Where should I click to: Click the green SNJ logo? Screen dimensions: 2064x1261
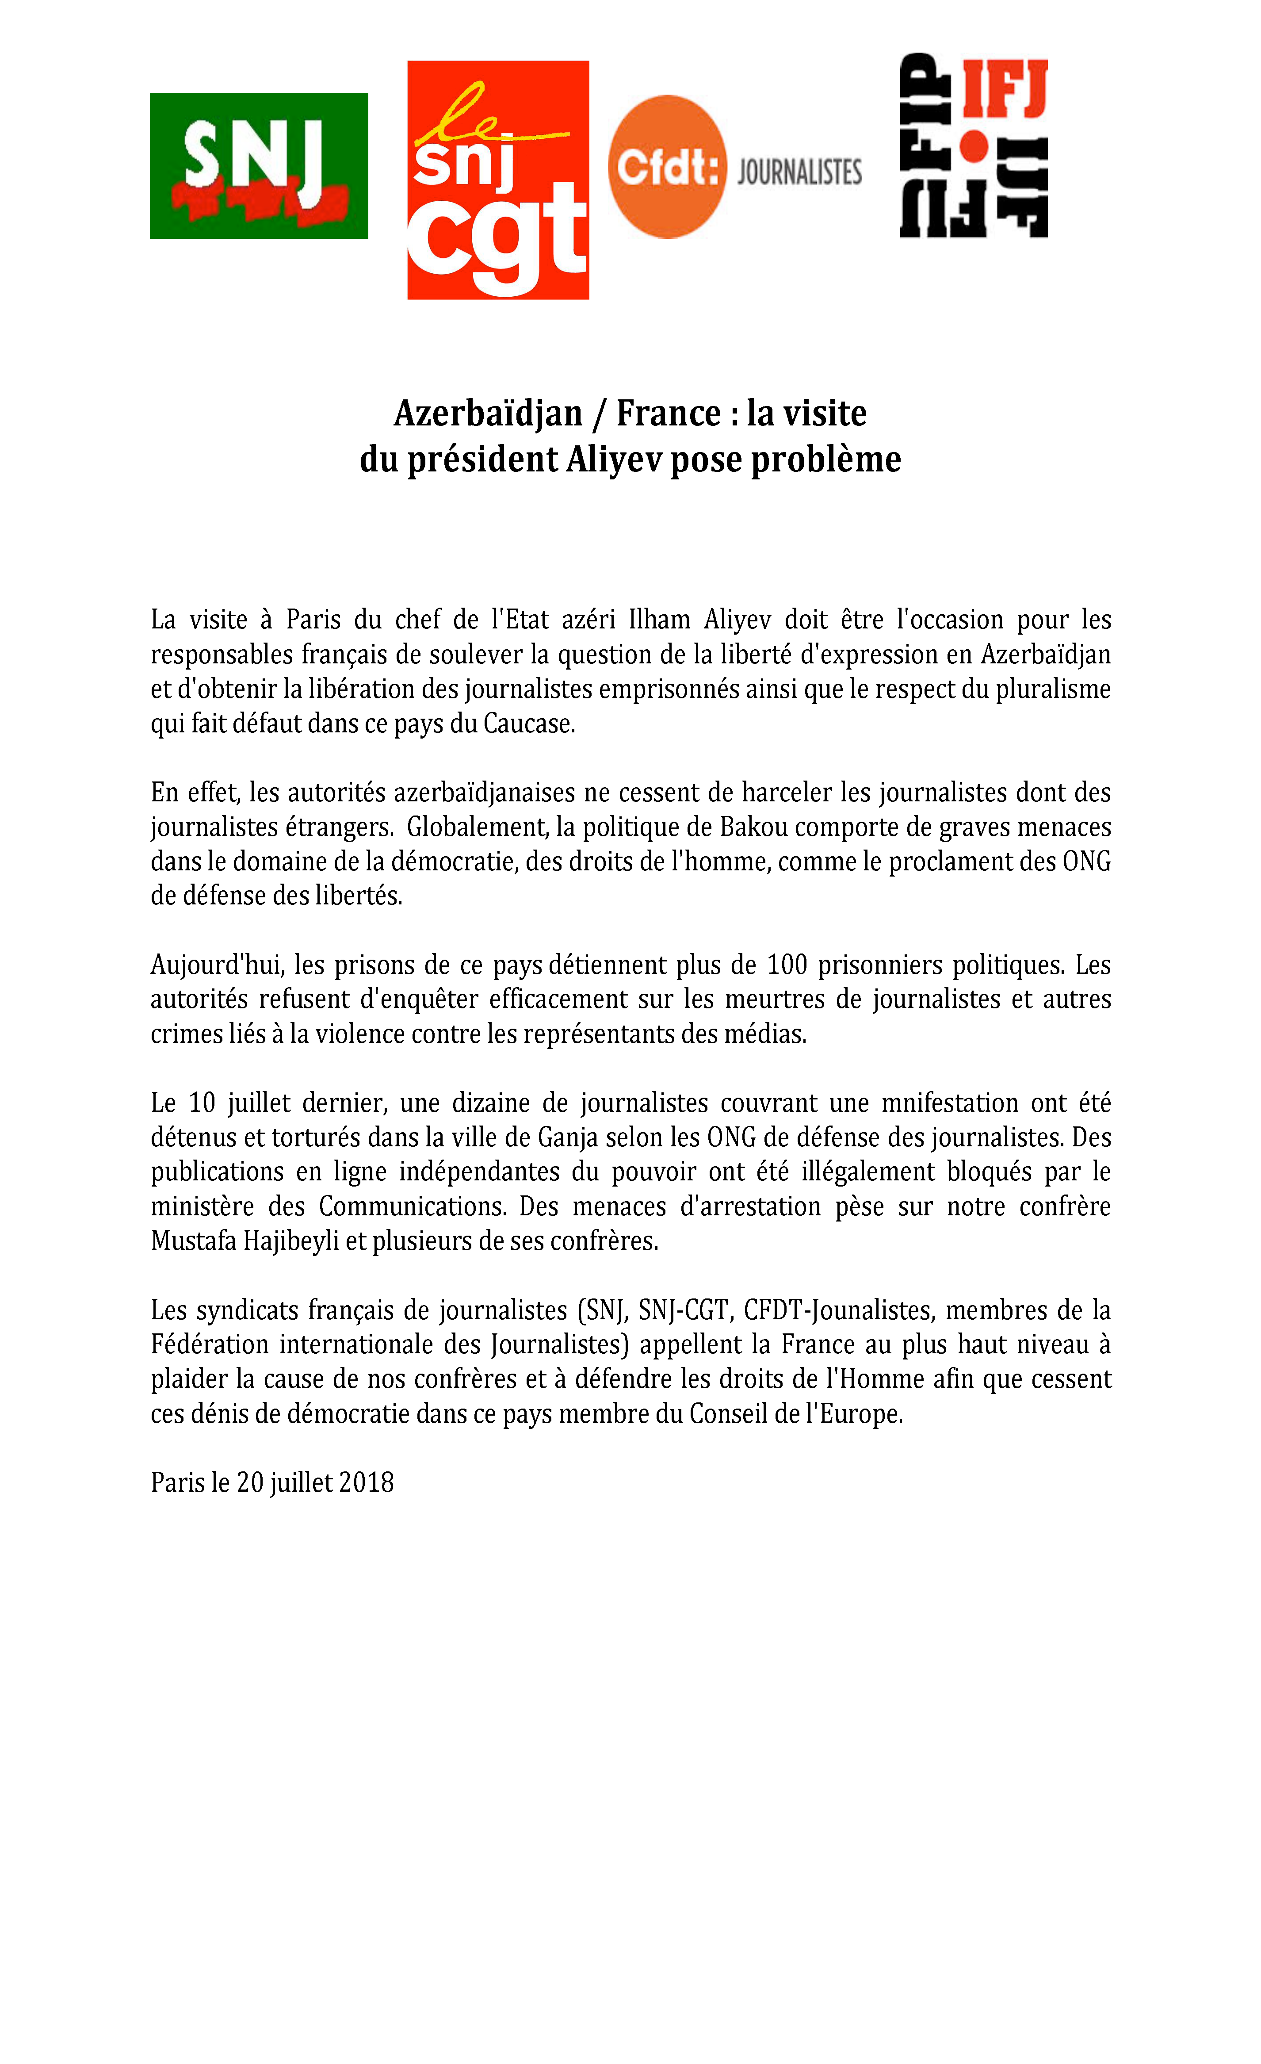click(x=259, y=166)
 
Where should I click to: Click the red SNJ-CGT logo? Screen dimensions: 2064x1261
click(x=498, y=180)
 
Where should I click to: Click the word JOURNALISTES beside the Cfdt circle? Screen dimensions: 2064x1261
click(x=800, y=172)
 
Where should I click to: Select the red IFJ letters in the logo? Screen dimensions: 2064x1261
click(x=1005, y=89)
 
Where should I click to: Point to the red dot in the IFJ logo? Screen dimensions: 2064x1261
click(x=973, y=146)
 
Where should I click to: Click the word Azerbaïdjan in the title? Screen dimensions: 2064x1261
click(x=488, y=413)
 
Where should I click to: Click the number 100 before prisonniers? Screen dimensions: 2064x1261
click(x=787, y=965)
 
